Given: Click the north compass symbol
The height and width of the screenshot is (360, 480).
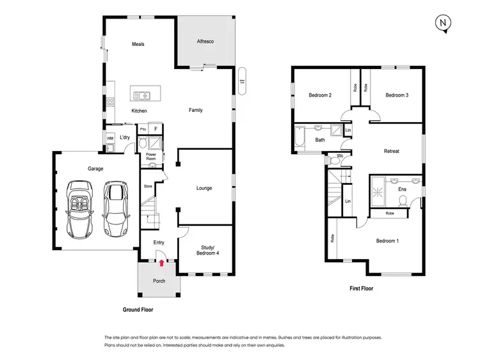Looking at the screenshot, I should (442, 23).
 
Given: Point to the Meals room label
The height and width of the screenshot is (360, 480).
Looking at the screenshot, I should (138, 44).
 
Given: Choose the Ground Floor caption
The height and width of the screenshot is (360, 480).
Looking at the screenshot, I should (138, 309).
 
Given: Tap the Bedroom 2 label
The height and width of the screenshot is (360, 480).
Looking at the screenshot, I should (319, 95).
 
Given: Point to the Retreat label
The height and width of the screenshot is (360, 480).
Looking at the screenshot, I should (391, 152).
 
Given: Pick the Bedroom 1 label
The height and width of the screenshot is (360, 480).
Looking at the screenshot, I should (387, 240).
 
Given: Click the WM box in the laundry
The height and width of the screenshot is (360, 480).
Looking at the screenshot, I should (110, 137).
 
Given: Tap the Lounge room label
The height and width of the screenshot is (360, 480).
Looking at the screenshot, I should (204, 188).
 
